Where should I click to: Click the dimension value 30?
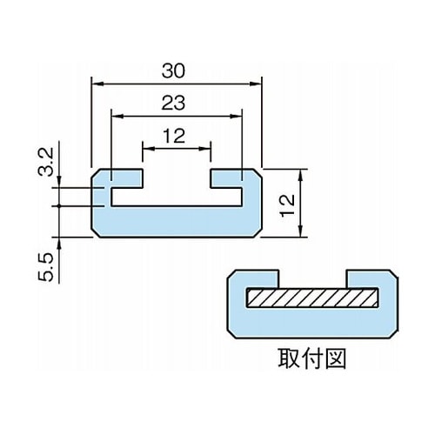(x=173, y=71)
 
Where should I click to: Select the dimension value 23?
(x=173, y=103)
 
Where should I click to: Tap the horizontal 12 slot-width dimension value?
(x=174, y=136)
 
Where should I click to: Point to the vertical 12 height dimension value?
(x=287, y=205)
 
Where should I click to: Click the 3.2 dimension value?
(x=46, y=162)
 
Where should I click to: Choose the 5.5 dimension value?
(x=46, y=267)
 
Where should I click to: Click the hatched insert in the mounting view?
(x=312, y=298)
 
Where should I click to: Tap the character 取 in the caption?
(x=289, y=358)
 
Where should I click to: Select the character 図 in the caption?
(x=335, y=358)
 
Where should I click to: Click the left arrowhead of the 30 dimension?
(x=96, y=84)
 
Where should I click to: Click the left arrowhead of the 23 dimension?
(x=116, y=117)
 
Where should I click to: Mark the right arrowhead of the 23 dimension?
(x=238, y=117)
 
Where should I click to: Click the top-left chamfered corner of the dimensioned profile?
(x=96, y=173)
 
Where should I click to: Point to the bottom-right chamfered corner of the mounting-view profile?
(x=394, y=334)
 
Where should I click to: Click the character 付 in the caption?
(x=312, y=358)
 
